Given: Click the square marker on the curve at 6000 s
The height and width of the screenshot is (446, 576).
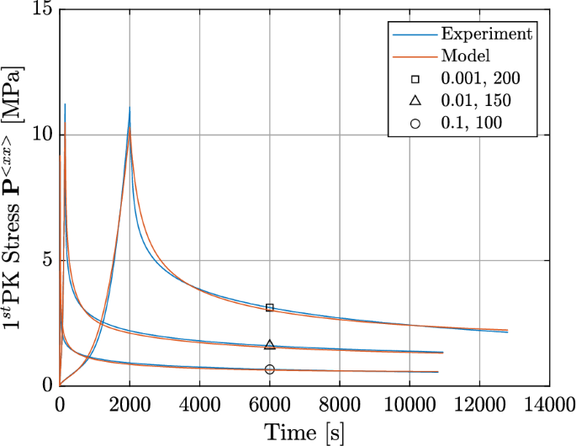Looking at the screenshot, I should (269, 308).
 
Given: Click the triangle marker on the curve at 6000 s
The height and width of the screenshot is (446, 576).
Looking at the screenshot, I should (269, 345).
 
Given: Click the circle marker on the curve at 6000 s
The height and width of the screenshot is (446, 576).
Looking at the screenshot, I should (269, 369).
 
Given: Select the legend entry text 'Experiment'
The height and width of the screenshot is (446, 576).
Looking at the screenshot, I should (487, 34).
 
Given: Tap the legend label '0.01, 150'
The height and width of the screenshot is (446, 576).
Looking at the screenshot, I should (477, 101).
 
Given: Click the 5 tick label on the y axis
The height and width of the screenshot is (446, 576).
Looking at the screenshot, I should (45, 261).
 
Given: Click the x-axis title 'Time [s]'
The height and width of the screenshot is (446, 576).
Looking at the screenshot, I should (304, 433).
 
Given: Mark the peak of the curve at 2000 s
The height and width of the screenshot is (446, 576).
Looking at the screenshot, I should (129, 108).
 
